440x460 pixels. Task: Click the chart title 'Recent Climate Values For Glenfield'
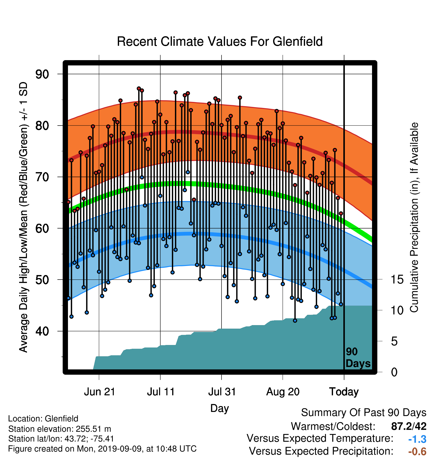point(220,42)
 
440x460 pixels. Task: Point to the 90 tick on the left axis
point(42,74)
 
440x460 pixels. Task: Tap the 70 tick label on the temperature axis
point(42,177)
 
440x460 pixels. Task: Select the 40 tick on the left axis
point(42,331)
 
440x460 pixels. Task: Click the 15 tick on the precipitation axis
point(397,280)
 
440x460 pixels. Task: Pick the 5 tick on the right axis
point(394,341)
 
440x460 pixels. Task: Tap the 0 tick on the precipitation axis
point(394,372)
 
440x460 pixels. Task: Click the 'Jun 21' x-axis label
point(99,392)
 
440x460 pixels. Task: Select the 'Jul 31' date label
point(222,392)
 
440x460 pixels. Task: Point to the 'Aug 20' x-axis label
point(283,392)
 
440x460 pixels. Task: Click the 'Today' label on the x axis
point(344,392)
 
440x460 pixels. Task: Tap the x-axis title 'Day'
point(219,408)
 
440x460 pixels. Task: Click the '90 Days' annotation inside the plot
point(358,358)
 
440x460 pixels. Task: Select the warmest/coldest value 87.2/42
point(409,426)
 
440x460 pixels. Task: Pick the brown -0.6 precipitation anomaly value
point(417,451)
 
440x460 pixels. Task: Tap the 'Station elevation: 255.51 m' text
point(60,429)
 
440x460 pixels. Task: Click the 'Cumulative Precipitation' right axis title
point(414,217)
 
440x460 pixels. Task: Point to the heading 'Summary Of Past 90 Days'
point(364,413)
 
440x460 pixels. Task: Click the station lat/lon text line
point(61,439)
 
